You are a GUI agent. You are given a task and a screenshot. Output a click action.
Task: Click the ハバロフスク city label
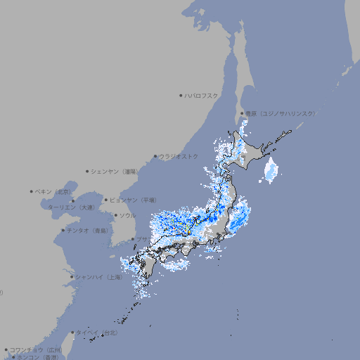[x=202, y=95]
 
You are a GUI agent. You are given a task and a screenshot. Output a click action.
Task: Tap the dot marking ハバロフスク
[x=181, y=95]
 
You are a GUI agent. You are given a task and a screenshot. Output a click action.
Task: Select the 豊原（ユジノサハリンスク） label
[x=280, y=113]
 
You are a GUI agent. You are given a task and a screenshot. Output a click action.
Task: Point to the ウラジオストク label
[x=179, y=156]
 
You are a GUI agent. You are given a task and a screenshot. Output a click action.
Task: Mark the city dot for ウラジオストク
[x=155, y=156]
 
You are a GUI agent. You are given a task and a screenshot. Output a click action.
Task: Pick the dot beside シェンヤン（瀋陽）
[x=87, y=171]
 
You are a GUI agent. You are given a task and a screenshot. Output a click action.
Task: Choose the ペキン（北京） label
[x=54, y=191]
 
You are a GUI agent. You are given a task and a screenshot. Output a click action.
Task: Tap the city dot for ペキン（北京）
[x=32, y=191]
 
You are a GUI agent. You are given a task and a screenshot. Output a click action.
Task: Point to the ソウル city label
[x=127, y=215]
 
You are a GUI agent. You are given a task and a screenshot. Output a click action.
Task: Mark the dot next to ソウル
[x=115, y=215]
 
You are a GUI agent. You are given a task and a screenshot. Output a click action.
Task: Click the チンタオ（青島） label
[x=88, y=231]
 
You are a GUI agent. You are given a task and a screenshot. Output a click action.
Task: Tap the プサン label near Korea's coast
[x=142, y=240]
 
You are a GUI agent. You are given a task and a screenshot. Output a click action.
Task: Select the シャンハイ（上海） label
[x=98, y=277]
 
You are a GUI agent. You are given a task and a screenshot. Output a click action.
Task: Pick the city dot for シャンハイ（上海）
[x=72, y=277]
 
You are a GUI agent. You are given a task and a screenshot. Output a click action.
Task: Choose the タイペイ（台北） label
[x=97, y=333]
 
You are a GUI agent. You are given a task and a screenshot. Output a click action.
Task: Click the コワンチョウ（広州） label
[x=36, y=349]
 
